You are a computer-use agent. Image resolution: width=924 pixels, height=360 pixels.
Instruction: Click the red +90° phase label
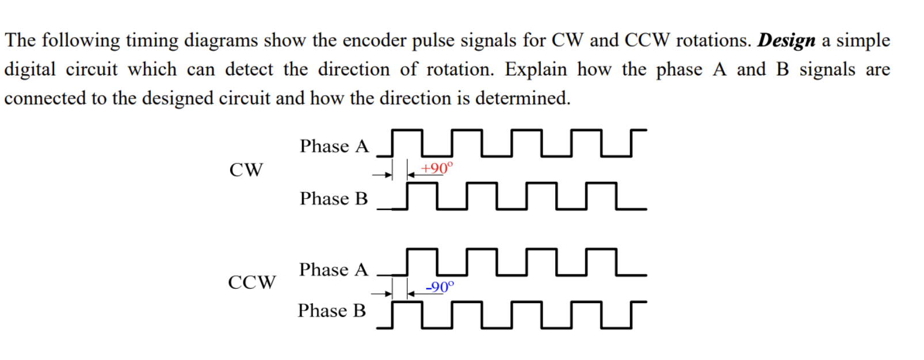[x=437, y=168]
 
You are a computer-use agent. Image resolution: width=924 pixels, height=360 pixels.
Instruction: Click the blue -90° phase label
[x=440, y=286]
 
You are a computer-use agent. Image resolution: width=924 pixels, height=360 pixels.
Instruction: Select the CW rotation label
[x=246, y=170]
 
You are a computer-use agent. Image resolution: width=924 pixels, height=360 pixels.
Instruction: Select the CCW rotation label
[x=252, y=282]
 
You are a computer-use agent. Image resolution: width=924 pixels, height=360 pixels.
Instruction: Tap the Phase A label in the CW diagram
[x=334, y=146]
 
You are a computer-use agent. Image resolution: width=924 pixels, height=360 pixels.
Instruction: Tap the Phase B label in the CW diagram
[x=333, y=198]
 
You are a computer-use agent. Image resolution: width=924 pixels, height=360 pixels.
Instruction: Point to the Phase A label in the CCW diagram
[x=333, y=269]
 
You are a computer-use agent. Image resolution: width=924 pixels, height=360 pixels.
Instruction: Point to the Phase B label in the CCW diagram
[x=331, y=311]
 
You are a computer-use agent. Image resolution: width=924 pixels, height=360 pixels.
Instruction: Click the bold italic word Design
[x=786, y=40]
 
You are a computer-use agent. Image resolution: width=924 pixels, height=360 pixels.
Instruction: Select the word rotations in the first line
[x=713, y=40]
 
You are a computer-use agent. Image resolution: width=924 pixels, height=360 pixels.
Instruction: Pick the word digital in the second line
[x=29, y=70]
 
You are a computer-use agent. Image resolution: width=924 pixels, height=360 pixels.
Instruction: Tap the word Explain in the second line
[x=536, y=70]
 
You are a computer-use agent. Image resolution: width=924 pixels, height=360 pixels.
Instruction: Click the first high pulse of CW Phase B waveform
[x=422, y=184]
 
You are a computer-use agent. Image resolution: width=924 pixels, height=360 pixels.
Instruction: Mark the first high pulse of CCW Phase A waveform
[x=422, y=250]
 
